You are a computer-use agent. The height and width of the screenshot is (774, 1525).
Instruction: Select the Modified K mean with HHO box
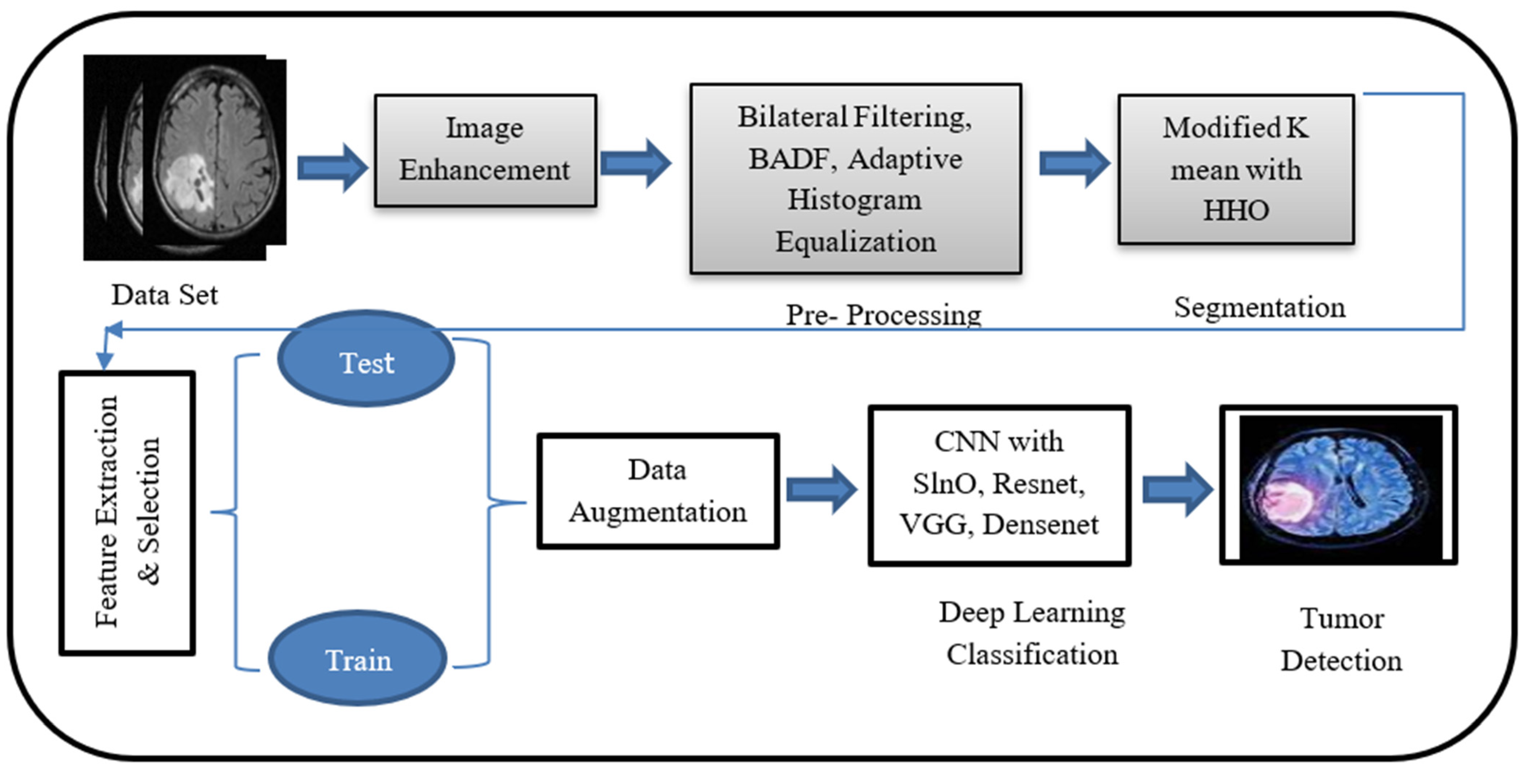coord(1236,169)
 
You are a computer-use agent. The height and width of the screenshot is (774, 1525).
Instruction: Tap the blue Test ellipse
coord(366,360)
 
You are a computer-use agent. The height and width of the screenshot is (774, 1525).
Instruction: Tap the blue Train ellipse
coord(358,659)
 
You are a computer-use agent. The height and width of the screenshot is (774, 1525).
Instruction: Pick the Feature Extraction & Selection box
coord(127,513)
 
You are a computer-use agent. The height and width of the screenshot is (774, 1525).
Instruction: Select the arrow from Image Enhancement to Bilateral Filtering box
coord(636,163)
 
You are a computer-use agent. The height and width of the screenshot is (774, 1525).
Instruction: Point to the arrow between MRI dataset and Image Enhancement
coord(332,168)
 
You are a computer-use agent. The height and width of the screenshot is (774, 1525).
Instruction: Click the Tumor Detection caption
coord(1341,640)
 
